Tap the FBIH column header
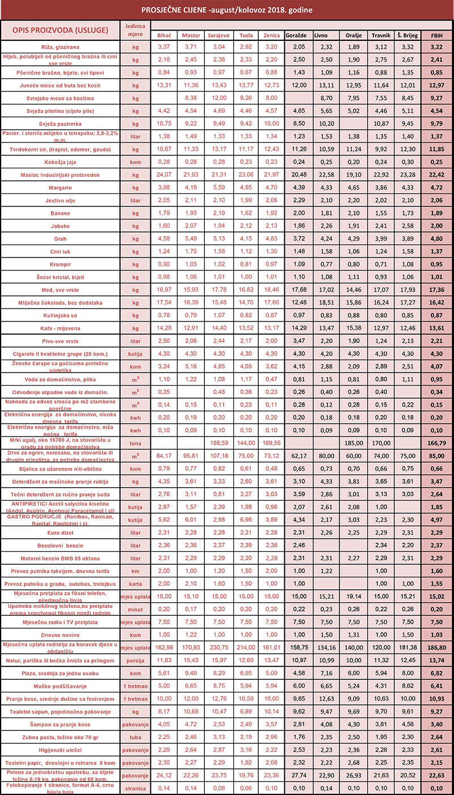pos(437,35)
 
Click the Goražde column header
pos(297,35)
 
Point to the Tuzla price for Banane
pos(246,213)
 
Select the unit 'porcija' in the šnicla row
pos(134,661)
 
